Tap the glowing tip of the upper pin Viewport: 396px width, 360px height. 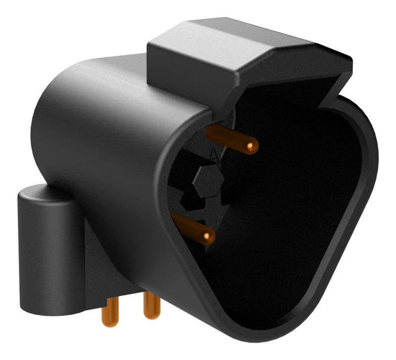[252, 145]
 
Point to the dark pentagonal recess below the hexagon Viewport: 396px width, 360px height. [193, 201]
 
